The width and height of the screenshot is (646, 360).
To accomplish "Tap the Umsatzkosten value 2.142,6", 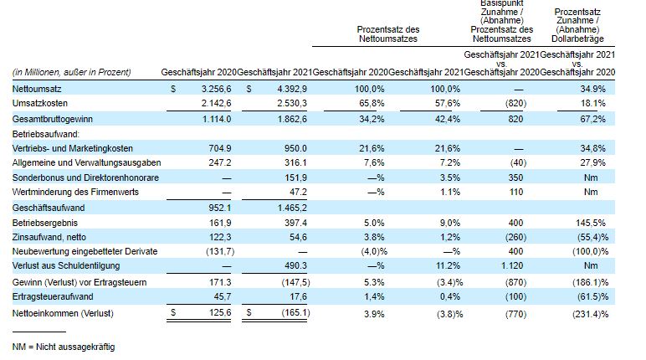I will click(x=213, y=102).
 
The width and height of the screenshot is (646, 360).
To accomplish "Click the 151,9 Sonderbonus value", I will click(x=298, y=177).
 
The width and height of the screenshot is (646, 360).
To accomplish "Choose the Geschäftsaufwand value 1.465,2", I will click(x=293, y=207).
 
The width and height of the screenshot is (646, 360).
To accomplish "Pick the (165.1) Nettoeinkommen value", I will click(x=295, y=313).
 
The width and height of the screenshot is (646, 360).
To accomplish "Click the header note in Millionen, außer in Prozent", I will click(x=72, y=72).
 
